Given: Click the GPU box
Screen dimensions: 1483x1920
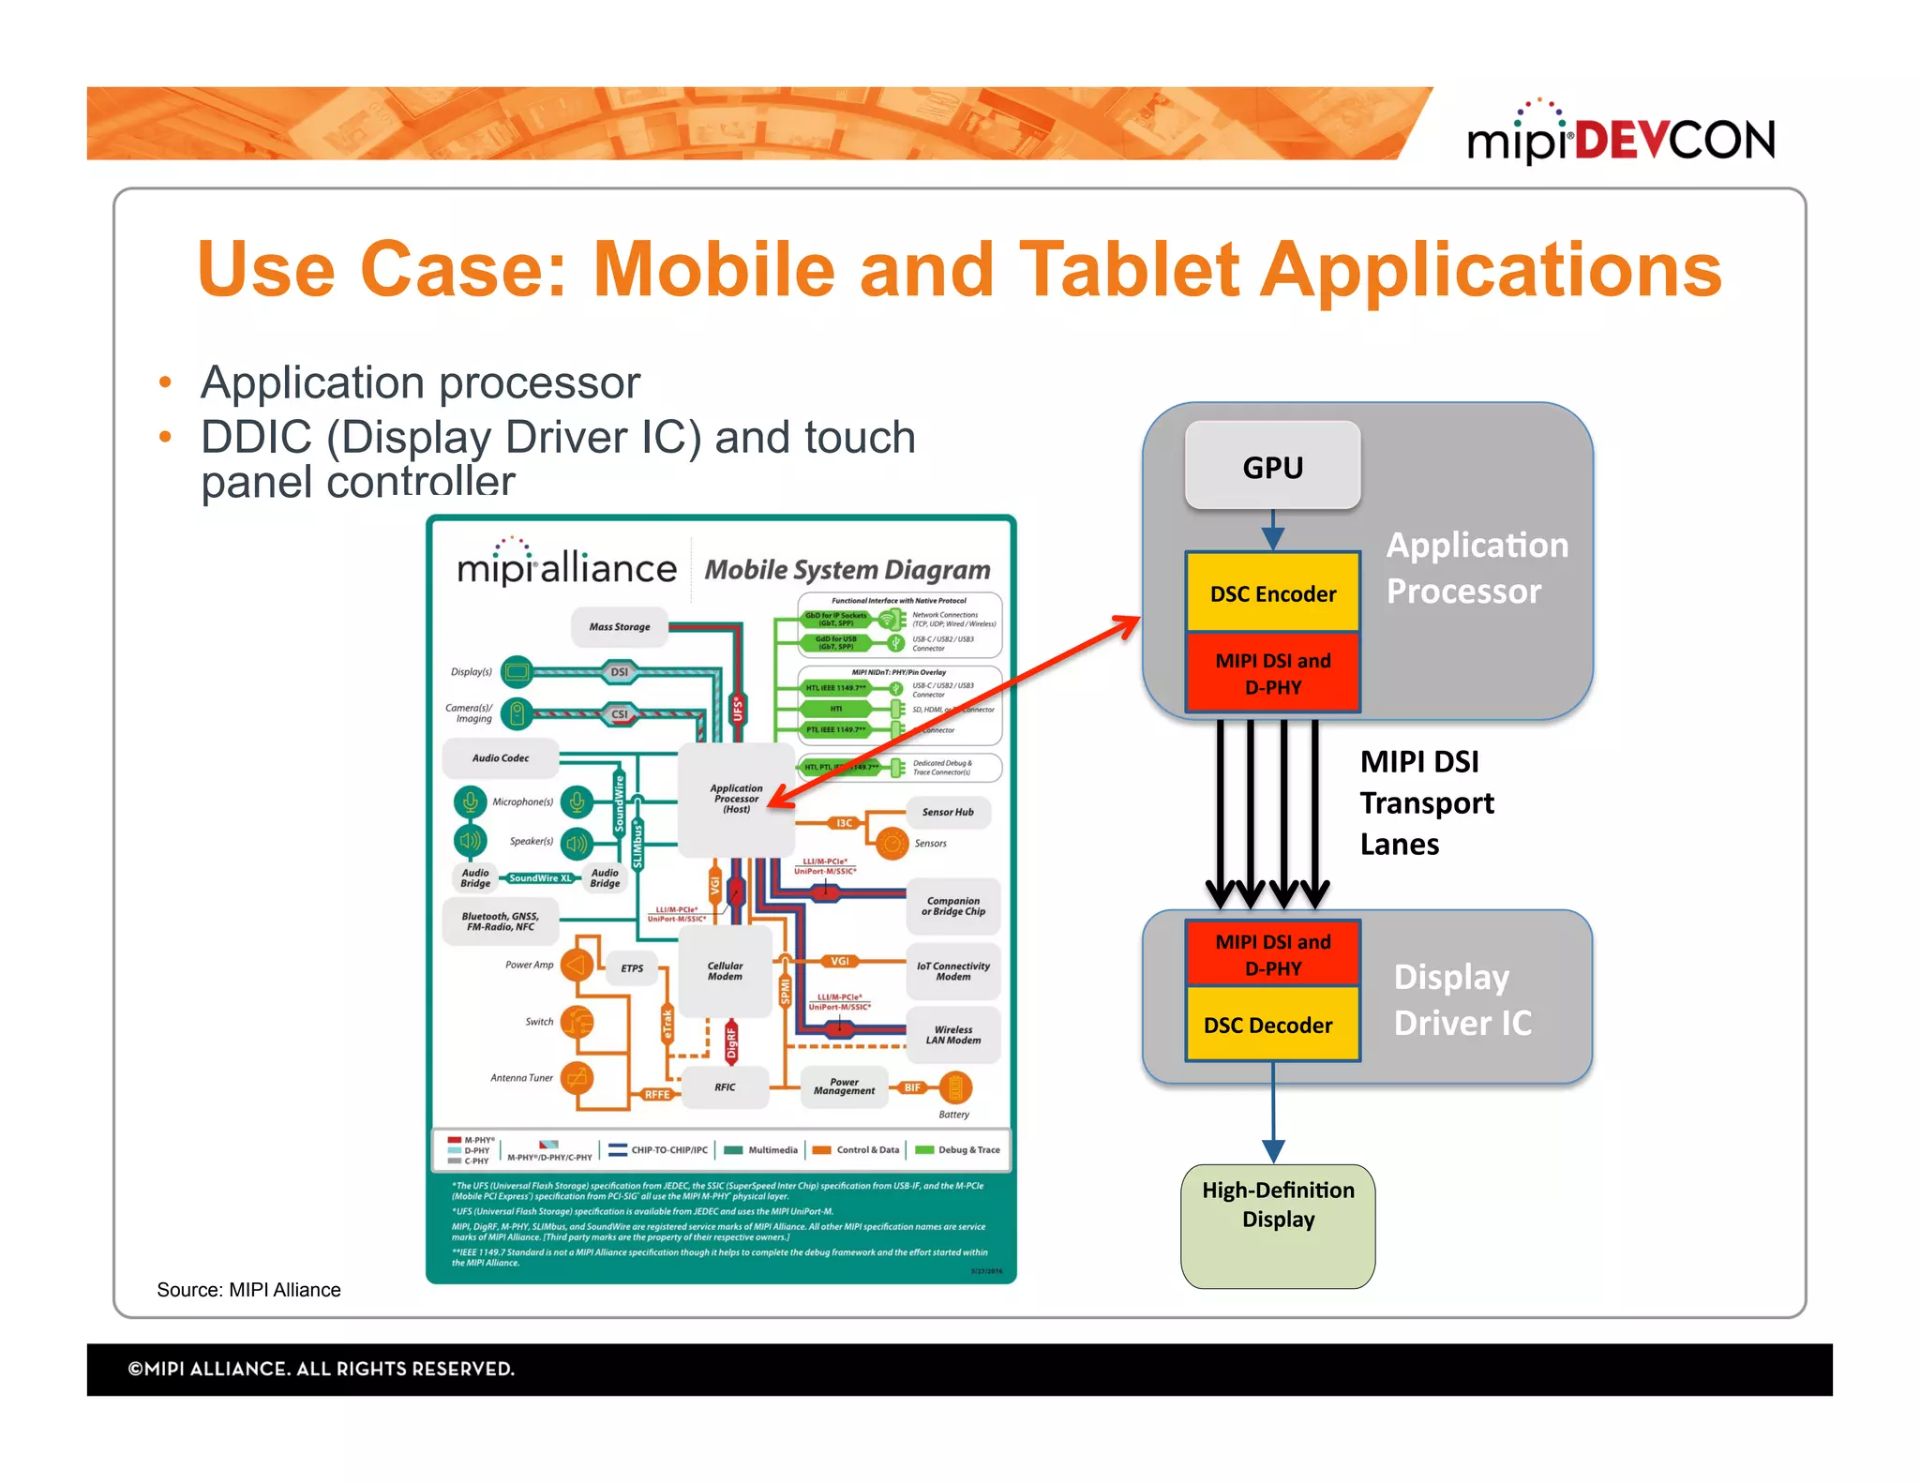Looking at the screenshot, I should (x=1272, y=466).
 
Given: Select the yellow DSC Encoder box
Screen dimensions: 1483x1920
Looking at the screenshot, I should (x=1272, y=592).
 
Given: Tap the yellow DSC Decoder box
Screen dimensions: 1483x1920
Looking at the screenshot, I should (x=1270, y=1025).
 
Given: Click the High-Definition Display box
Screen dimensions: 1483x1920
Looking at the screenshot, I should (x=1278, y=1225).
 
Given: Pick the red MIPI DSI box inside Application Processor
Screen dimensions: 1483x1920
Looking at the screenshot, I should (x=1272, y=673).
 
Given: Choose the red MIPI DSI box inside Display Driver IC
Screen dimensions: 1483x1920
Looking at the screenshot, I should (x=1272, y=953).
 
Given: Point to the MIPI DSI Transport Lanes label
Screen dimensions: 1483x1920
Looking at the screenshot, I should (x=1425, y=802).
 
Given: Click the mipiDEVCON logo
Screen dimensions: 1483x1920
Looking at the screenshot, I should (x=1620, y=137).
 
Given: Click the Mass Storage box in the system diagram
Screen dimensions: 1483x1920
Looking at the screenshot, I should (x=619, y=627).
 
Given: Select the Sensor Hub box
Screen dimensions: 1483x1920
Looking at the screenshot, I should (x=947, y=812).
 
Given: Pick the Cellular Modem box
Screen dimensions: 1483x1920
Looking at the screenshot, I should (x=725, y=971).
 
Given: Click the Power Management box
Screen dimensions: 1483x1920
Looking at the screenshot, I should (x=844, y=1086).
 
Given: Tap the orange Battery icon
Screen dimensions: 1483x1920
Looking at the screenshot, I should (x=955, y=1087).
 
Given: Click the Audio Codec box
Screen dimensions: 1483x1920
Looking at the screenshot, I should (x=501, y=757).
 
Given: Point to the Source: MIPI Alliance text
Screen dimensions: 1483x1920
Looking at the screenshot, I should (x=248, y=1290).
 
